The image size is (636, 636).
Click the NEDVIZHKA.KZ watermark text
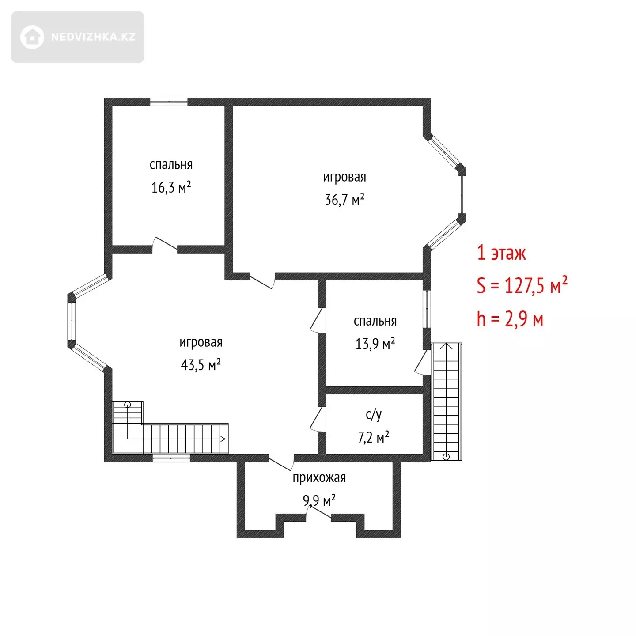pyautogui.click(x=93, y=37)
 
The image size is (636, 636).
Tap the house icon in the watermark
pyautogui.click(x=32, y=37)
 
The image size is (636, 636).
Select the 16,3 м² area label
pyautogui.click(x=171, y=187)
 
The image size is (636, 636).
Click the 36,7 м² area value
pyautogui.click(x=344, y=200)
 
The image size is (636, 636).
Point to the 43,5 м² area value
pyautogui.click(x=201, y=365)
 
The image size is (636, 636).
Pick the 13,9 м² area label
pyautogui.click(x=375, y=344)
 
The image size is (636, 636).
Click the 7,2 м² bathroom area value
pyautogui.click(x=374, y=437)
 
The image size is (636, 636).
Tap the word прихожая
pyautogui.click(x=319, y=478)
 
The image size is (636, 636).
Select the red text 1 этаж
pyautogui.click(x=501, y=254)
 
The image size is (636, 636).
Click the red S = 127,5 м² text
pyautogui.click(x=522, y=285)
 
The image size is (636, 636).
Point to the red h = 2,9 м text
pyautogui.click(x=510, y=319)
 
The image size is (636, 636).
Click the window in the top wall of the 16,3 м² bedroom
pyautogui.click(x=169, y=102)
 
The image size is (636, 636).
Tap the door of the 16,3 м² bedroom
pyautogui.click(x=165, y=245)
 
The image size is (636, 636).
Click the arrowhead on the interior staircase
pyautogui.click(x=223, y=439)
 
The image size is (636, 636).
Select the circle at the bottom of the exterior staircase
pyautogui.click(x=446, y=457)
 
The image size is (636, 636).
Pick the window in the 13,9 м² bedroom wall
pyautogui.click(x=427, y=309)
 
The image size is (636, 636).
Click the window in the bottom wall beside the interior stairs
pyautogui.click(x=171, y=458)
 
